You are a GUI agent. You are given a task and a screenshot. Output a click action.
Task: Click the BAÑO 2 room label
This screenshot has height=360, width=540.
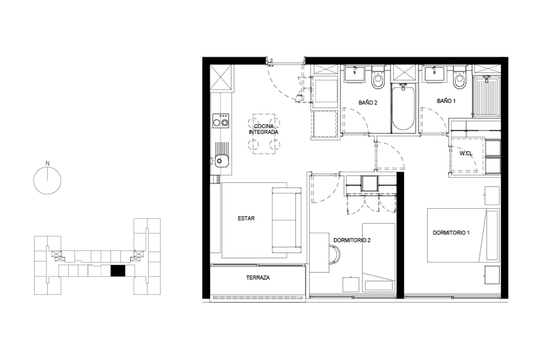pos(367,103)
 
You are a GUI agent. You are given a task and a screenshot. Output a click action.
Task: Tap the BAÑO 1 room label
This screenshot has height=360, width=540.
pos(446,101)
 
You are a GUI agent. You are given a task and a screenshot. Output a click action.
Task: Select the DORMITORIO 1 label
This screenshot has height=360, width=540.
pos(451,233)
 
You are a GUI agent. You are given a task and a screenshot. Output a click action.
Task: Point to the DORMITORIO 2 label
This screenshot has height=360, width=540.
pos(352,240)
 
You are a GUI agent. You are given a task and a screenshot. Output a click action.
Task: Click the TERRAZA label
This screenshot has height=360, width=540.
pos(258,278)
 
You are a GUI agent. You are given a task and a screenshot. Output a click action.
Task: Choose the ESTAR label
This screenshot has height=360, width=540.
pos(246,219)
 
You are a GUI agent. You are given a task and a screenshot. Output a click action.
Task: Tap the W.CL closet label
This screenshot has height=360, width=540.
pos(466,153)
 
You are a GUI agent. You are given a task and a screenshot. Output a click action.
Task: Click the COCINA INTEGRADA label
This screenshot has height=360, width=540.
pos(264,129)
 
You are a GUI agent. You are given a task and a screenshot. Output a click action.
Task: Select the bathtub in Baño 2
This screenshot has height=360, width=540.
pos(403,108)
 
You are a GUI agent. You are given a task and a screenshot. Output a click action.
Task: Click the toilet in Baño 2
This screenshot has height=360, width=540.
pos(378,78)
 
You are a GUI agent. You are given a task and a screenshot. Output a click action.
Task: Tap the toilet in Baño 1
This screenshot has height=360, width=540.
pos(459,78)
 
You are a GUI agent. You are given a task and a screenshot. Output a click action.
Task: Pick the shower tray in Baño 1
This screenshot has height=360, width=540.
pos(486,97)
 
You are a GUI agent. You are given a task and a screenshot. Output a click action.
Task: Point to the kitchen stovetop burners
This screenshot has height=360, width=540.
pos(221,121)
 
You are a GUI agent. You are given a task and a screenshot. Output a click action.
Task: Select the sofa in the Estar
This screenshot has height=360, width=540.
pos(286,220)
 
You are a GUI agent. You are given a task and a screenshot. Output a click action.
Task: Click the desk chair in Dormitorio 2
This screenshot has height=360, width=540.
pos(334,255)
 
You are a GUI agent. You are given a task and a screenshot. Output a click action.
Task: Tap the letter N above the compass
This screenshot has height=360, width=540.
pos(48,163)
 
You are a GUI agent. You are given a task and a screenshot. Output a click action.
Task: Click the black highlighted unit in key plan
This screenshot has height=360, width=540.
pos(118,271)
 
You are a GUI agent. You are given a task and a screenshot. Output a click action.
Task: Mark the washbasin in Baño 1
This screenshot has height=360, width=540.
pos(434,75)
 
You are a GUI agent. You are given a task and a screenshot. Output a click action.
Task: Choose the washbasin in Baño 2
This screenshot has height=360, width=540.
pos(355,75)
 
